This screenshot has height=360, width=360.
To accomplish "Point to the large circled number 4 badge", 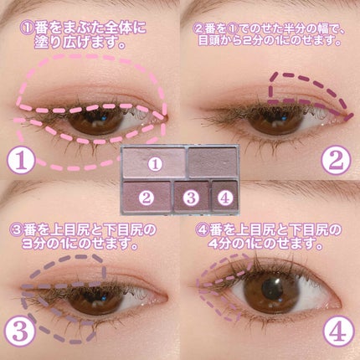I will click(x=336, y=331).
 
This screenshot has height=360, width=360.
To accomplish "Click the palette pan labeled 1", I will click(x=153, y=165).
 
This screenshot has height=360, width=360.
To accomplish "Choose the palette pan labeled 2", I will click(x=146, y=198).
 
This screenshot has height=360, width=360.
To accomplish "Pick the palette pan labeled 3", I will click(x=190, y=198).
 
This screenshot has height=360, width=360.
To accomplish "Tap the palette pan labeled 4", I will click(x=223, y=198).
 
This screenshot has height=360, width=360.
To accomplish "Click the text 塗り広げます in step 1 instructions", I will click(x=87, y=44).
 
